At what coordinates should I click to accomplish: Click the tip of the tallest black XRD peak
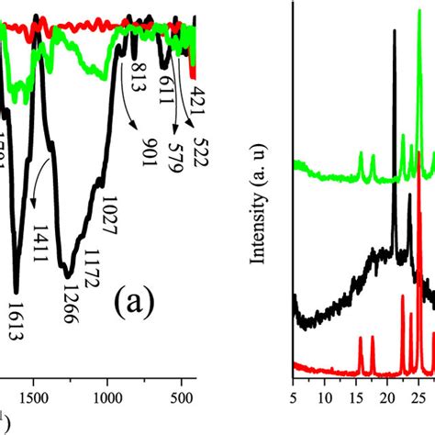[x=395, y=30]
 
